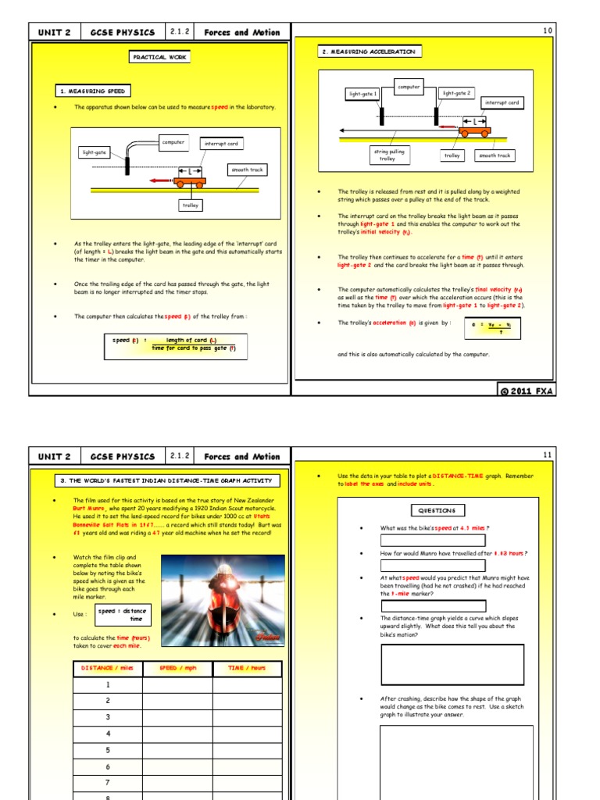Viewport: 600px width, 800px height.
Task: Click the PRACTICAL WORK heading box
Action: coord(159,57)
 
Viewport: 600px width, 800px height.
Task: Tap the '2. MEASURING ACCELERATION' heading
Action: coord(370,52)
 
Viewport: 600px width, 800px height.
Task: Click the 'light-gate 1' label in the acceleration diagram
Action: coord(363,94)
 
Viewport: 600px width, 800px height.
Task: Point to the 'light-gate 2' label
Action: coord(456,93)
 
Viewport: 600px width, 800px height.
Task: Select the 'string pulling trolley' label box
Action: coord(387,155)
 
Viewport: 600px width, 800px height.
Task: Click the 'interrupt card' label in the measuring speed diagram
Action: coord(221,144)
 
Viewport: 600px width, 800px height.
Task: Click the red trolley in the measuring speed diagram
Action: coord(190,183)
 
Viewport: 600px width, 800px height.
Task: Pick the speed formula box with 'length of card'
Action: coord(174,345)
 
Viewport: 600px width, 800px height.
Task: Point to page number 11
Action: coord(547,454)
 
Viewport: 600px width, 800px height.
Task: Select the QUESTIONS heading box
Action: coord(437,510)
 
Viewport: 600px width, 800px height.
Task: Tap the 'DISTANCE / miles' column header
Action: coord(108,668)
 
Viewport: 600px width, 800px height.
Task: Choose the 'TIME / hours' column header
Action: coord(247,668)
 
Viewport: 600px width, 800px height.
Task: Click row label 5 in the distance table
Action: coord(108,750)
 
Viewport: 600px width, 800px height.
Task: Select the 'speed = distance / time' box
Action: coord(123,614)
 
